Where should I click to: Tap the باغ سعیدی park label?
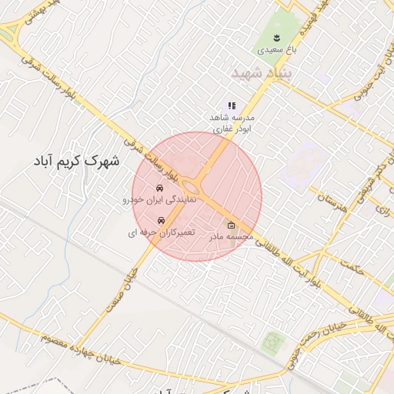(x=275, y=49)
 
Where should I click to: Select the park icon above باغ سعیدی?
(x=276, y=36)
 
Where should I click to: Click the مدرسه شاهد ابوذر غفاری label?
(x=232, y=125)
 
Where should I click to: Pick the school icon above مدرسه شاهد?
(x=231, y=105)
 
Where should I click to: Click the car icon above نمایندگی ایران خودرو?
(x=159, y=188)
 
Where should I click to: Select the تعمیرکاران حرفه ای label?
(x=162, y=232)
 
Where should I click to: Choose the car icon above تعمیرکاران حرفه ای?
(x=160, y=220)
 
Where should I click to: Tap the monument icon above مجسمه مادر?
(x=232, y=225)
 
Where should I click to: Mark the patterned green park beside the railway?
(x=271, y=342)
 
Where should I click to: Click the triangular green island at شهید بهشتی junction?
(x=9, y=32)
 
